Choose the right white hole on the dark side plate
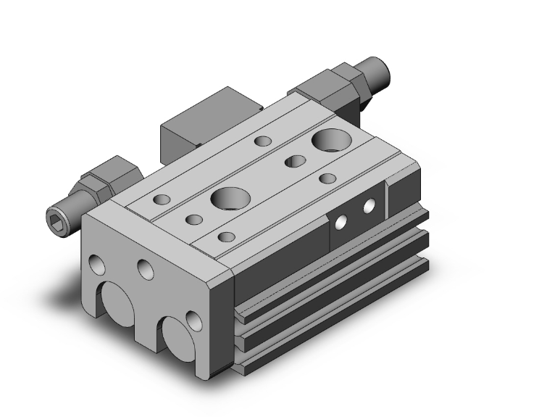click(x=370, y=206)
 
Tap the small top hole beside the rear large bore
click(x=294, y=161)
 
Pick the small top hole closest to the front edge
click(x=227, y=236)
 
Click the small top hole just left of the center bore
click(x=193, y=219)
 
